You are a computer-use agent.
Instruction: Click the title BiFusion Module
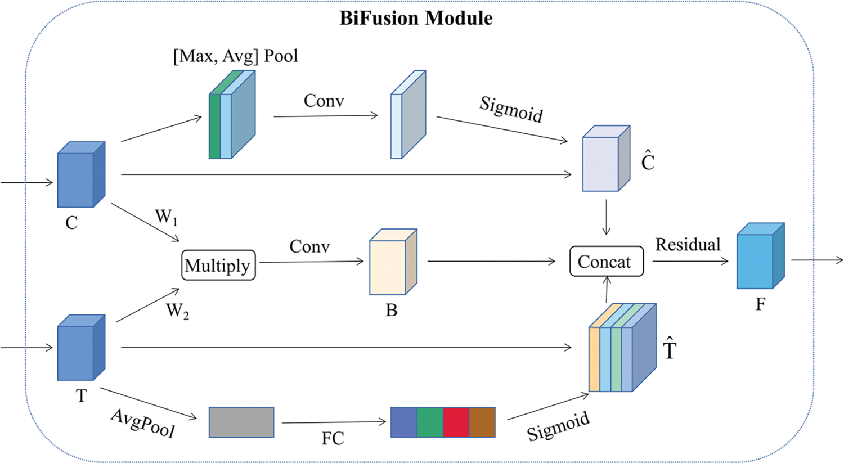tap(416, 18)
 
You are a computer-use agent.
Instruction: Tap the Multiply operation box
tap(218, 266)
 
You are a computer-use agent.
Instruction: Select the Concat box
tap(606, 262)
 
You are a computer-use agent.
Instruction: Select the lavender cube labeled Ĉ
tap(605, 160)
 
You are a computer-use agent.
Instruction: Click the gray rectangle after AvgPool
tap(241, 422)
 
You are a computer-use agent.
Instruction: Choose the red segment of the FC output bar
tap(456, 422)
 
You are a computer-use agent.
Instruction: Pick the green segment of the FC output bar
tap(430, 422)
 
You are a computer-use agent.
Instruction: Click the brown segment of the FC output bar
tap(482, 422)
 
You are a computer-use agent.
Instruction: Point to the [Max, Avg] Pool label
tap(235, 56)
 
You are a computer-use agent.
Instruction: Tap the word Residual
tap(688, 245)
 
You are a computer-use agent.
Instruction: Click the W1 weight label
tap(166, 217)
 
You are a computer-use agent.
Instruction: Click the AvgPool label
tap(143, 423)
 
